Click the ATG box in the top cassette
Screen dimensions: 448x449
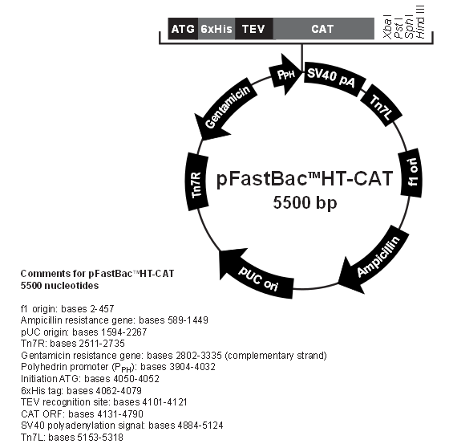pyautogui.click(x=183, y=30)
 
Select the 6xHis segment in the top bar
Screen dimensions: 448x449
pyautogui.click(x=216, y=30)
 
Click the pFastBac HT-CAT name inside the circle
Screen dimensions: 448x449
pyautogui.click(x=304, y=178)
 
